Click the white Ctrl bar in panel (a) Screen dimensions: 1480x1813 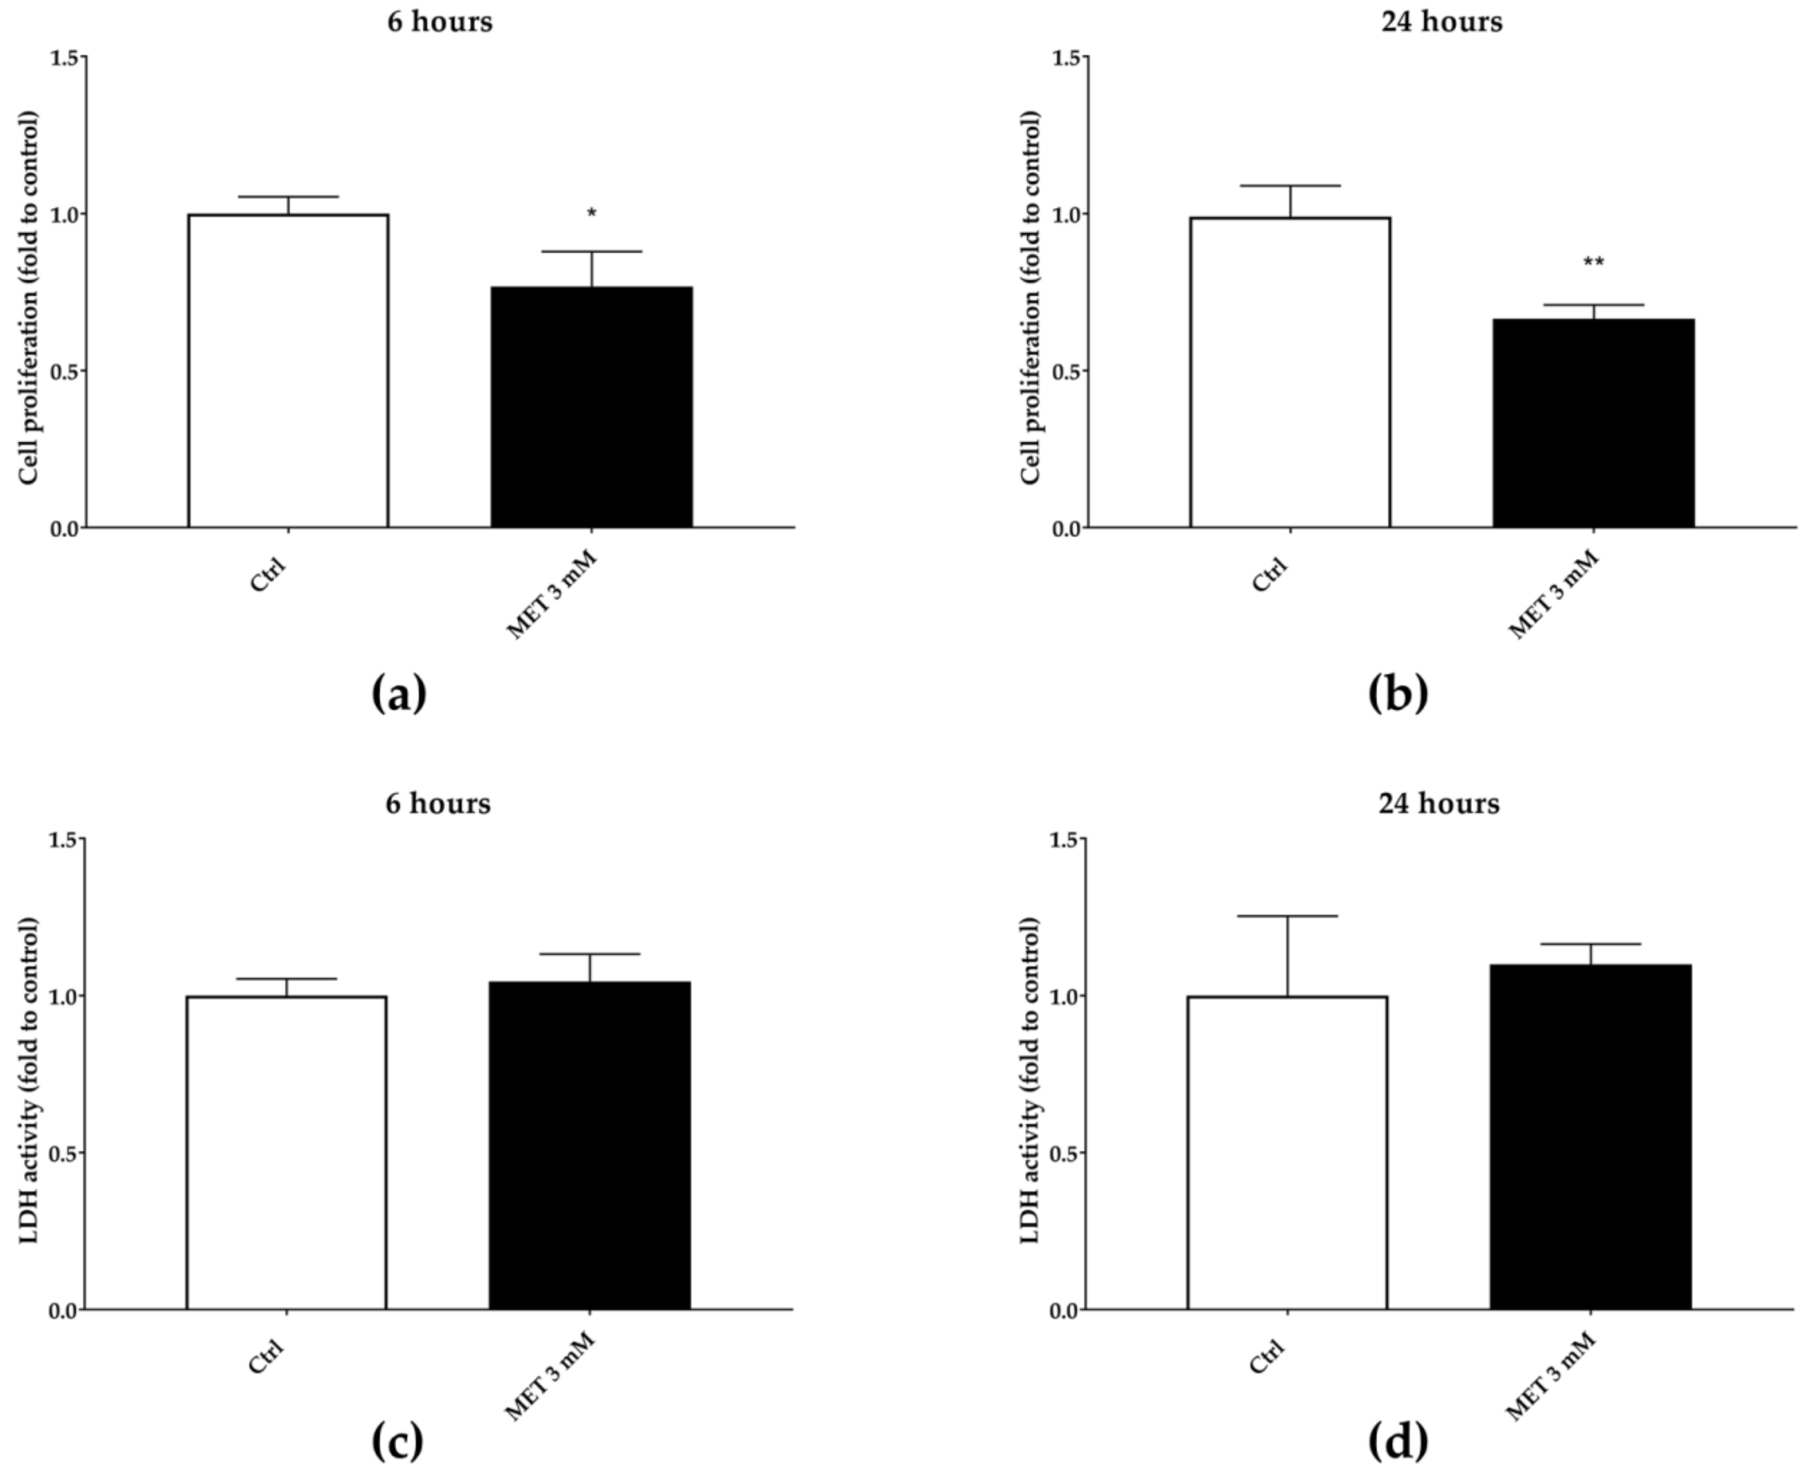pos(288,371)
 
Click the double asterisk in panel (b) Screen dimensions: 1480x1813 pos(1593,262)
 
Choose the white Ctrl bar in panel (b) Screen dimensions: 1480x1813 pos(1290,372)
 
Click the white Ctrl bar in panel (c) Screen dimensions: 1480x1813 pos(287,1153)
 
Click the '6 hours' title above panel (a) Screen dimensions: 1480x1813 pos(439,21)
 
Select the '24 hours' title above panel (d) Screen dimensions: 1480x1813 pos(1439,803)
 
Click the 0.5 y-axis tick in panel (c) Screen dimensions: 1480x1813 pos(67,1153)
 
